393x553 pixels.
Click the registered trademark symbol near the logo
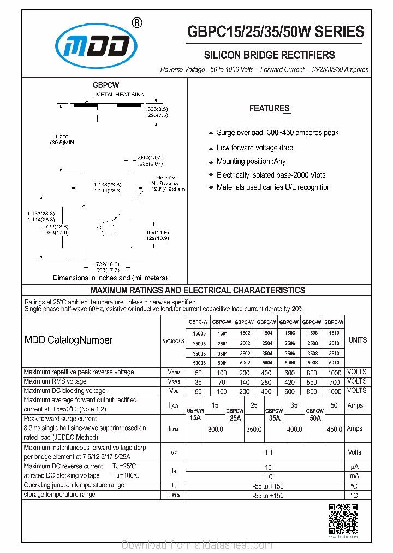(x=138, y=23)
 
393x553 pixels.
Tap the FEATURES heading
(x=270, y=109)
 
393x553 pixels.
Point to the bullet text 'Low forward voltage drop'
(x=254, y=148)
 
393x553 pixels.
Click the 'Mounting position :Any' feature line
(x=251, y=161)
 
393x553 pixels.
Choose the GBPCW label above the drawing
(x=106, y=85)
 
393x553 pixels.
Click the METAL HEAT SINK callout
(x=120, y=95)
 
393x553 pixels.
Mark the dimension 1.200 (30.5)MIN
(x=61, y=139)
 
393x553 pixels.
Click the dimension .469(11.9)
(x=156, y=233)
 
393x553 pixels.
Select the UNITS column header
(x=358, y=340)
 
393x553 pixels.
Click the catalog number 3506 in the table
(x=289, y=353)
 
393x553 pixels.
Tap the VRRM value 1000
(x=335, y=373)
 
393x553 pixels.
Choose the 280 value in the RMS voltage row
(x=266, y=382)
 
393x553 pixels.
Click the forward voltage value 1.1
(x=268, y=452)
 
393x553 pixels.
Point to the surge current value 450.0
(x=334, y=430)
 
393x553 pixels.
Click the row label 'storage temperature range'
(x=59, y=495)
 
